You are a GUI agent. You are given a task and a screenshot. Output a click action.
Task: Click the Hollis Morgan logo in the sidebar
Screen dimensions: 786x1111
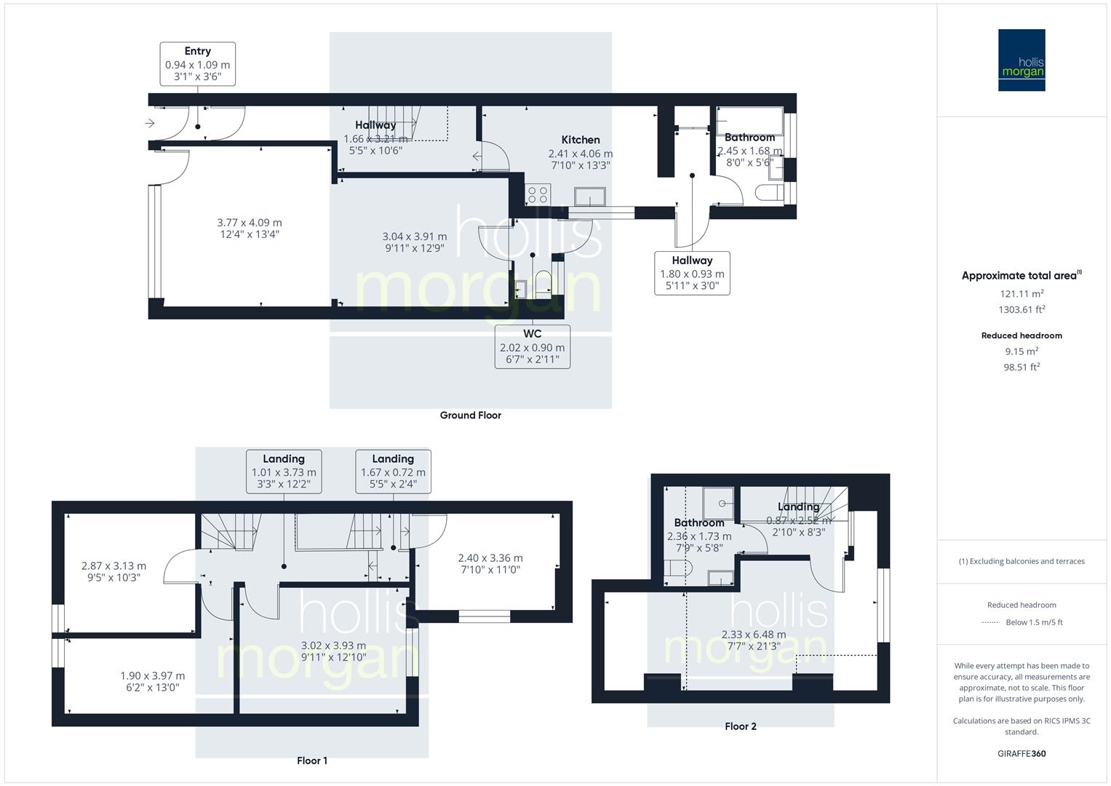tap(1021, 60)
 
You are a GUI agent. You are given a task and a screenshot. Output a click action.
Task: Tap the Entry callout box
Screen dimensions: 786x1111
tap(197, 64)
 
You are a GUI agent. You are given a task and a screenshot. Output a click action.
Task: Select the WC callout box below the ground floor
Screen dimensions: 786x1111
tap(532, 346)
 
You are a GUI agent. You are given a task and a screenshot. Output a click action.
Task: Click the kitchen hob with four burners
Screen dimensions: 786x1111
tap(538, 194)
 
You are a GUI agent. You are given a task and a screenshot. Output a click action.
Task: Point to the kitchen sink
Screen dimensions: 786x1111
tap(589, 196)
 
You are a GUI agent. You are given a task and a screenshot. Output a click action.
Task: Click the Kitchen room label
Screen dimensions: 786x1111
tap(580, 140)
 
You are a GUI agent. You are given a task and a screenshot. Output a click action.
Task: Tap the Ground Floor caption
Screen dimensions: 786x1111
tap(470, 416)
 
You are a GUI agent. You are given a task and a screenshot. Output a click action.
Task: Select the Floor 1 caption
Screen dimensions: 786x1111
tap(312, 761)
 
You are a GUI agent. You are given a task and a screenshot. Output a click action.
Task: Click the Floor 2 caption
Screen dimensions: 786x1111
tap(740, 726)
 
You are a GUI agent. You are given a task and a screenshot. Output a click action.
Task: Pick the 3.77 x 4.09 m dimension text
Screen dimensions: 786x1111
tap(250, 223)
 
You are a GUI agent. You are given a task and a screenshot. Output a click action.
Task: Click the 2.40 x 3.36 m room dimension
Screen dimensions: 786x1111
tap(490, 558)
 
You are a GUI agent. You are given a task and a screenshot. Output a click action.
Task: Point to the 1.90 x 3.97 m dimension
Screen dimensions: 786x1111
tap(152, 676)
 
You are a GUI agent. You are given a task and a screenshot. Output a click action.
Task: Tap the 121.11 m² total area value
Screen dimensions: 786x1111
tap(1022, 294)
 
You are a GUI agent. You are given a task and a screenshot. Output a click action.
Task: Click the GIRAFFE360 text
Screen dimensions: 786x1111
tap(1022, 753)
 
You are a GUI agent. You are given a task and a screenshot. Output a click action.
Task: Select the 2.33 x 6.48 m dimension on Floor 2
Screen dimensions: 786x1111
tap(754, 635)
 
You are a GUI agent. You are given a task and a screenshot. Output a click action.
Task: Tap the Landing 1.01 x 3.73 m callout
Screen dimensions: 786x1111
tap(284, 472)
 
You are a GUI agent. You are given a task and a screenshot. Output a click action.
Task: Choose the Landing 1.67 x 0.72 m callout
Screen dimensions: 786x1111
tap(393, 472)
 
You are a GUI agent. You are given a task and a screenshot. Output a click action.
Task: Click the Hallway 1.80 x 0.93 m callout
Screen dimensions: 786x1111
tap(692, 273)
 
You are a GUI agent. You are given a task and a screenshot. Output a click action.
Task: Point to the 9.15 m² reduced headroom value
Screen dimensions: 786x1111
tap(1022, 351)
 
